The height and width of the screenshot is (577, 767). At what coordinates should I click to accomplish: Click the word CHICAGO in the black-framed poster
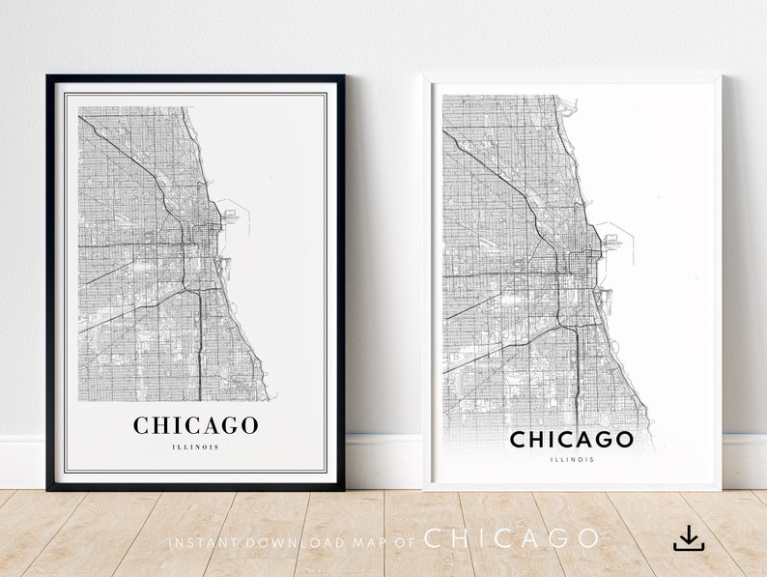click(195, 425)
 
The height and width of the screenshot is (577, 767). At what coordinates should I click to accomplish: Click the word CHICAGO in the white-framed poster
click(572, 440)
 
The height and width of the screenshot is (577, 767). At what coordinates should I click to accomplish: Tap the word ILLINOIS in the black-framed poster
click(196, 447)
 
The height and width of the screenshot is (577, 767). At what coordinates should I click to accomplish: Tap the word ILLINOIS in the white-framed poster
click(572, 459)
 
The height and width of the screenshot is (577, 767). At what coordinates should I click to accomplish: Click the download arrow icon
click(689, 538)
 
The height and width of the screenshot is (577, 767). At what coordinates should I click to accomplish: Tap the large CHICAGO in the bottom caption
click(512, 539)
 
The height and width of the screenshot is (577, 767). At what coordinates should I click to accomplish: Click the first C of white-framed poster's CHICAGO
click(519, 440)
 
